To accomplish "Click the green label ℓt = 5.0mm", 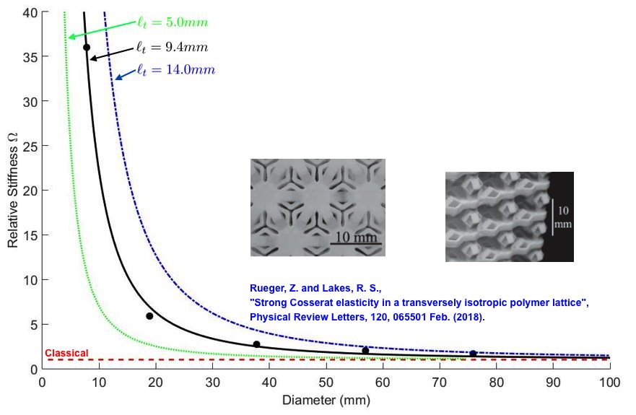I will point(173,22).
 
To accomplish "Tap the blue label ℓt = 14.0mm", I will point(175,70).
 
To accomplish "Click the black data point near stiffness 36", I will point(87,48).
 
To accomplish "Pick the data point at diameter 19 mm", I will point(149,316).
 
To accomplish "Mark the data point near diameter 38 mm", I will point(256,344).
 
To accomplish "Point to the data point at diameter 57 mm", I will point(365,351).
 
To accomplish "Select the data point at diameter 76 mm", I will point(473,354).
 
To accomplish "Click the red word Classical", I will point(66,353).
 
